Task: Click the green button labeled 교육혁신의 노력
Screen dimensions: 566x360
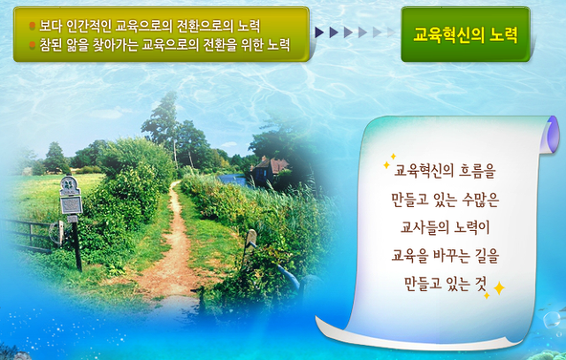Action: (465, 34)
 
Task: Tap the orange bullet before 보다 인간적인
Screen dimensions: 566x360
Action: (32, 26)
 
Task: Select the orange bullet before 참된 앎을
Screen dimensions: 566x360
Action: (32, 45)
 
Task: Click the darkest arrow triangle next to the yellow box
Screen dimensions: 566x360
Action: (319, 33)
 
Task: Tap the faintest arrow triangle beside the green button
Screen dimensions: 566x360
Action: (391, 33)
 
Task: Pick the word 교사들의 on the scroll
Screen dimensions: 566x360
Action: (424, 227)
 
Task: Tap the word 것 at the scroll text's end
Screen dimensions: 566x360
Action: (481, 283)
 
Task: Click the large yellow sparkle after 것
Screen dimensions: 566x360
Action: (499, 288)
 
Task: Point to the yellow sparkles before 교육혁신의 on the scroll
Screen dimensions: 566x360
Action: (389, 161)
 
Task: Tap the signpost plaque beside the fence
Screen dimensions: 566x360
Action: (71, 205)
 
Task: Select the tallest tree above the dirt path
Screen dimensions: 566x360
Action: (164, 123)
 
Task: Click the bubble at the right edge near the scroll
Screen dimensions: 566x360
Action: (552, 319)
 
